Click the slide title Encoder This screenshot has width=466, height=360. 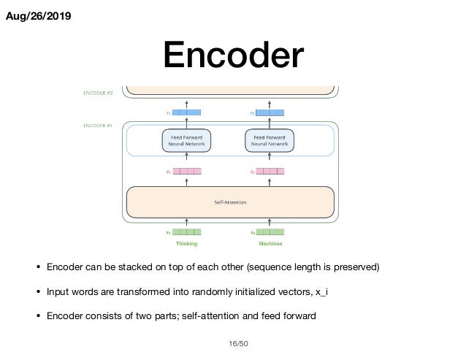[x=232, y=57]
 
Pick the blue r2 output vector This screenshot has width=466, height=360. [x=270, y=113]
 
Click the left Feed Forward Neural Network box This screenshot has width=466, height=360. [x=186, y=139]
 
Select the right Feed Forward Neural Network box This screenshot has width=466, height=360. [x=270, y=139]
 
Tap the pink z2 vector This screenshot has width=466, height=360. [x=270, y=172]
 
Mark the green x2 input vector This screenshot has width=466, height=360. [x=270, y=232]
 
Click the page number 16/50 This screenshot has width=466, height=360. [x=232, y=342]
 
